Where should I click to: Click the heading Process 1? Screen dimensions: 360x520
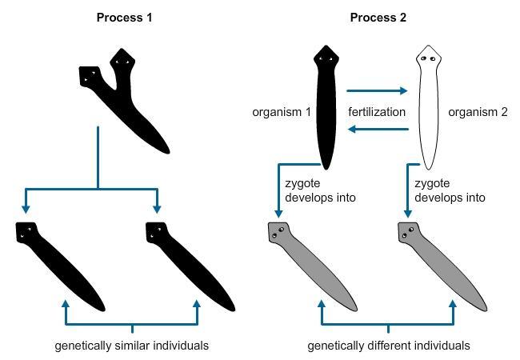coord(125,17)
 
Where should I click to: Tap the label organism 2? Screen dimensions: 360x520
coord(478,112)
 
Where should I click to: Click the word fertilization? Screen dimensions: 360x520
coord(377,112)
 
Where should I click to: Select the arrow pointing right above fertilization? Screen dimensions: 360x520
coord(377,91)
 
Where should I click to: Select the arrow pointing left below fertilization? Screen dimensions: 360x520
coord(377,129)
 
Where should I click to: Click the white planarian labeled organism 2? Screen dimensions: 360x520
coord(429,112)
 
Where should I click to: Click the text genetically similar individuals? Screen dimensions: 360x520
coord(131,346)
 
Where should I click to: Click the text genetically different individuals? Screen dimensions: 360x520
coord(388,346)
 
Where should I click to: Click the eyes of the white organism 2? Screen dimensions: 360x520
coord(428,58)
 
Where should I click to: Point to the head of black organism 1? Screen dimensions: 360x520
coord(324,57)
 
